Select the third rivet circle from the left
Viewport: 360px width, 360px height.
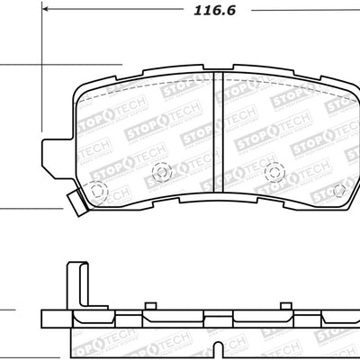coord(272,169)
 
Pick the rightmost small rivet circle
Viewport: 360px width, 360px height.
coord(339,190)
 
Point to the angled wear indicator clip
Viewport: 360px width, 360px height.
coord(76,202)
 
